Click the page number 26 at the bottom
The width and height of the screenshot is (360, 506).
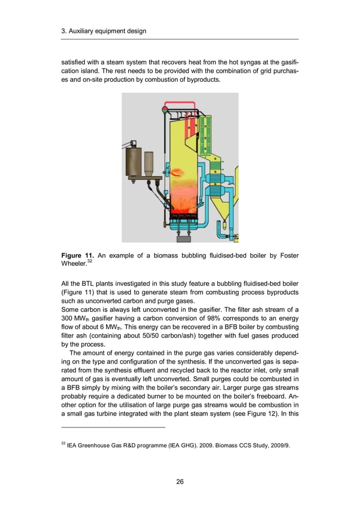[179, 481]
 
